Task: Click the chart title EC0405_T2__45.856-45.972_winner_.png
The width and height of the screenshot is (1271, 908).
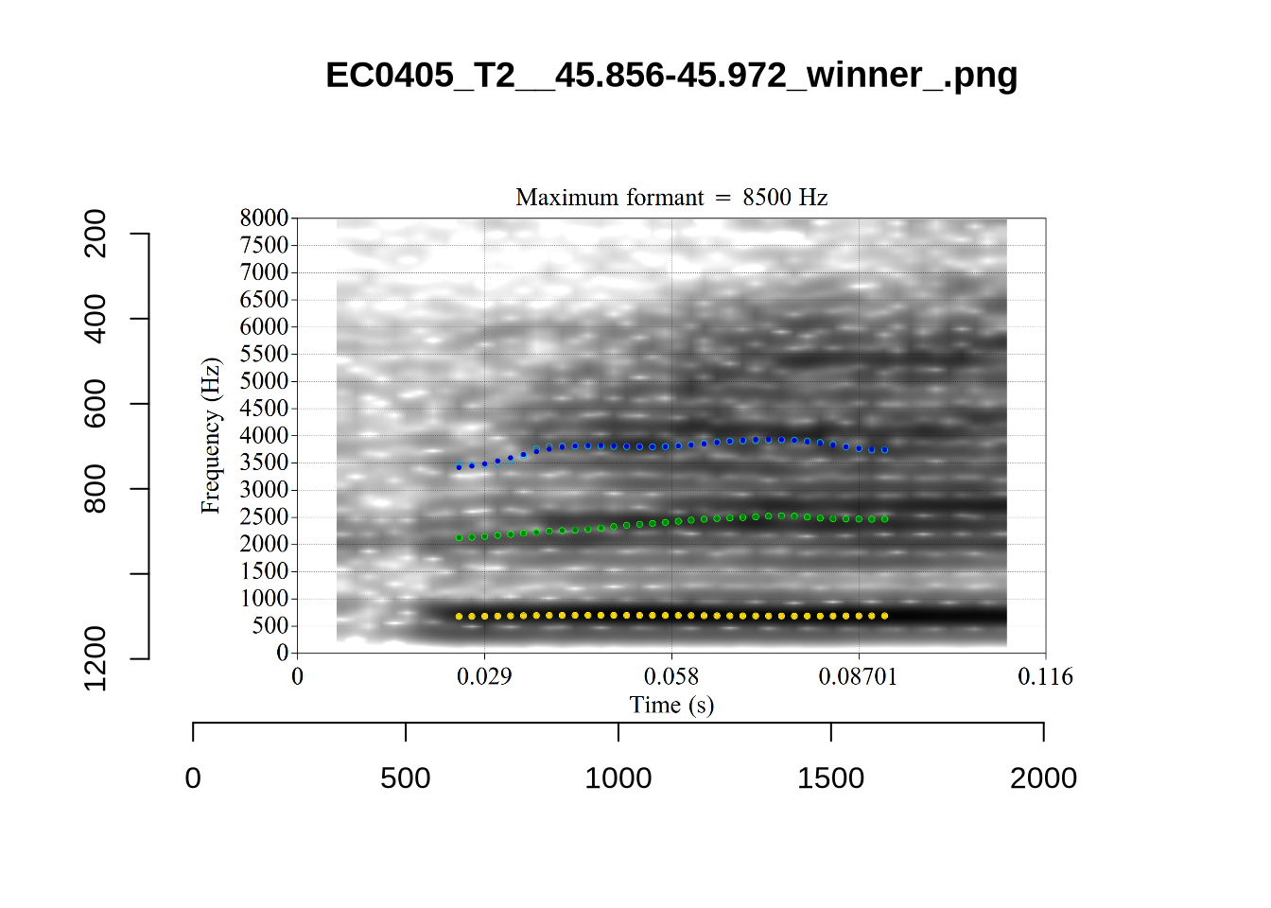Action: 671,75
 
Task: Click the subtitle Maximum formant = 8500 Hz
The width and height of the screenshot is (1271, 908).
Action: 671,198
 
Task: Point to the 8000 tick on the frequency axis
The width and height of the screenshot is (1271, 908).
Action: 265,218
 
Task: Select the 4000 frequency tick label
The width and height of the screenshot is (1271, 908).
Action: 265,436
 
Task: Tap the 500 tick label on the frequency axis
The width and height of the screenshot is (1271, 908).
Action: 270,626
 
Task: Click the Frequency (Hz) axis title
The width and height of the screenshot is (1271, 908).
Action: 211,436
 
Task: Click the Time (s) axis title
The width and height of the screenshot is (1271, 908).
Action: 671,706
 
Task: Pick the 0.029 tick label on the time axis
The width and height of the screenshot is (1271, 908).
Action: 484,677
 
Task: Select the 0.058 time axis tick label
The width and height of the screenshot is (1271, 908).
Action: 671,677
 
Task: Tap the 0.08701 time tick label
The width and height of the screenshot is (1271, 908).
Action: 858,677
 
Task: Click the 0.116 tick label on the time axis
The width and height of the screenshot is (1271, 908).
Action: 1045,677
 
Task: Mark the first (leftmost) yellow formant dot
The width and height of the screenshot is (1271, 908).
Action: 459,617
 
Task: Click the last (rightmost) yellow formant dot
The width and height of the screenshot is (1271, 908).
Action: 885,616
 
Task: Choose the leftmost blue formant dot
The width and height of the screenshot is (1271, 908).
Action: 459,467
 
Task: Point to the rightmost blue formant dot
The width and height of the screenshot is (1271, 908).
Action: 885,450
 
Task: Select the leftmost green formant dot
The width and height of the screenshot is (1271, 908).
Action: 459,538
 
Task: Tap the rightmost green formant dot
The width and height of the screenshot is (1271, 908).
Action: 885,519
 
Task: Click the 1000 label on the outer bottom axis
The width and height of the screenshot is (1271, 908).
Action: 618,778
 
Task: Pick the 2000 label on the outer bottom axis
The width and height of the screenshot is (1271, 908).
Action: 1043,778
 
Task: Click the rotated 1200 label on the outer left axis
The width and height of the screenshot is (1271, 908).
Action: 96,658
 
